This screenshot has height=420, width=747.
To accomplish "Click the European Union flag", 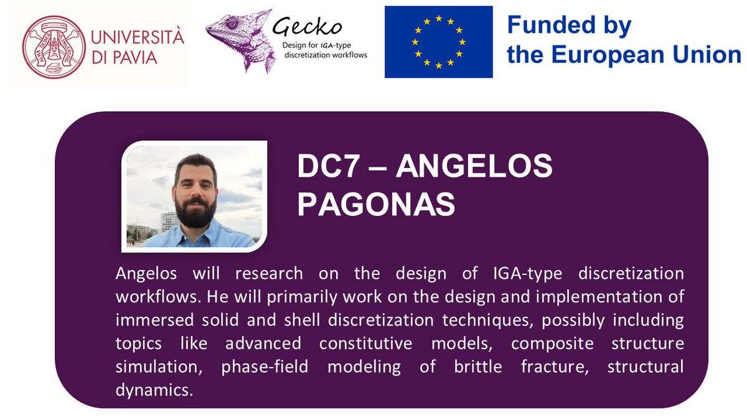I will click(438, 42).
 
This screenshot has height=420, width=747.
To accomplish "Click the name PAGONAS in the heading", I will click(376, 205).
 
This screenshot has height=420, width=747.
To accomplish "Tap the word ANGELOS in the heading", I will click(474, 169).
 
